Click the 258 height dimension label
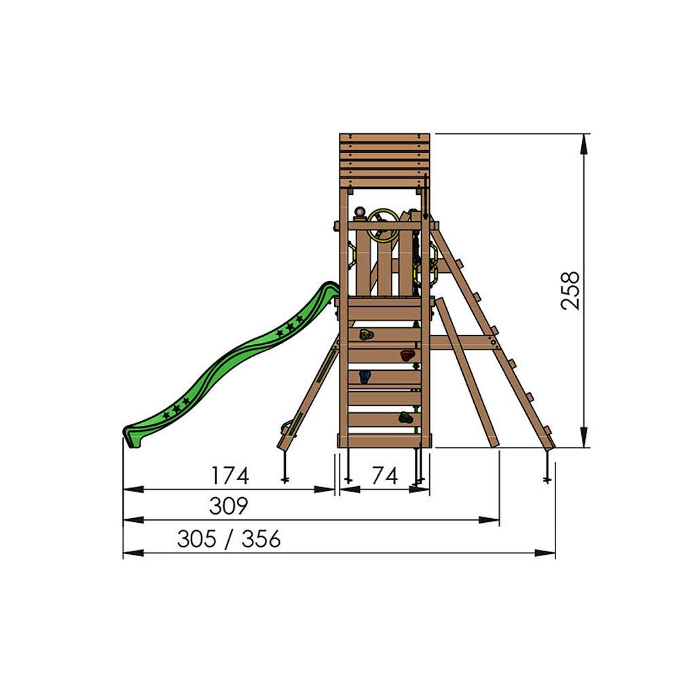pyautogui.click(x=570, y=291)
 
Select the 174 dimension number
pyautogui.click(x=230, y=476)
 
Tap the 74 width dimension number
pyautogui.click(x=384, y=476)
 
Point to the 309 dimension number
pyautogui.click(x=228, y=507)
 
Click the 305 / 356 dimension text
pyautogui.click(x=228, y=539)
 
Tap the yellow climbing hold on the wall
pyautogui.click(x=366, y=334)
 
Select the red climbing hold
pyautogui.click(x=406, y=355)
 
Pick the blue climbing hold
pyautogui.click(x=365, y=376)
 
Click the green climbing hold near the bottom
pyautogui.click(x=405, y=418)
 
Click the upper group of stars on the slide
pyautogui.click(x=289, y=329)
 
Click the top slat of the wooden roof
pyautogui.click(x=384, y=139)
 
